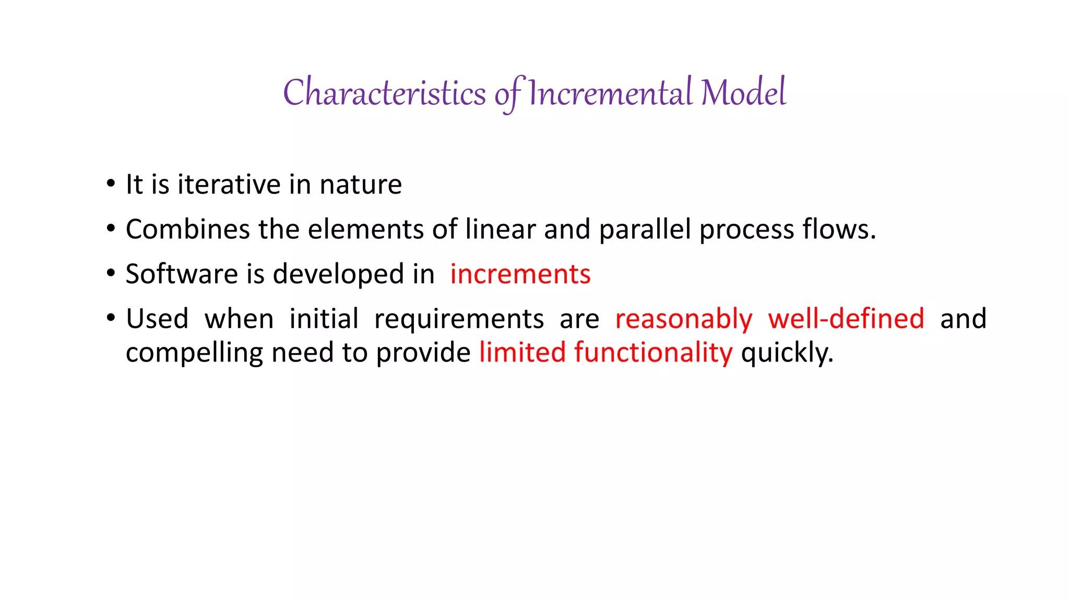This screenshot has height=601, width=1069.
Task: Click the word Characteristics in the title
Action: click(x=384, y=93)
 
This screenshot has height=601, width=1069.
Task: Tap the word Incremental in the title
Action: click(x=610, y=93)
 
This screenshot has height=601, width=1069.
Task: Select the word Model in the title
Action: click(x=743, y=93)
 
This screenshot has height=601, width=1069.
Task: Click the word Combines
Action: click(x=187, y=230)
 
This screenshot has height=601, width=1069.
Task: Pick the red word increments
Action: click(x=520, y=274)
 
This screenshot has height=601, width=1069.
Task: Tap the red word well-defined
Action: click(x=846, y=319)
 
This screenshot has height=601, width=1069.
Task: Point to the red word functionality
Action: click(x=653, y=353)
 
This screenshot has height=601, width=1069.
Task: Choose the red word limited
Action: click(x=522, y=352)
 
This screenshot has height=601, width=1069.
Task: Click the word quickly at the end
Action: click(x=787, y=353)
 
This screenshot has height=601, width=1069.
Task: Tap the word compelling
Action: click(x=194, y=353)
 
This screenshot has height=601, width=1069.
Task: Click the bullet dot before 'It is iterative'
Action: click(x=110, y=184)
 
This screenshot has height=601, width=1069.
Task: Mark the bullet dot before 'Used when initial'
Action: click(x=110, y=318)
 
